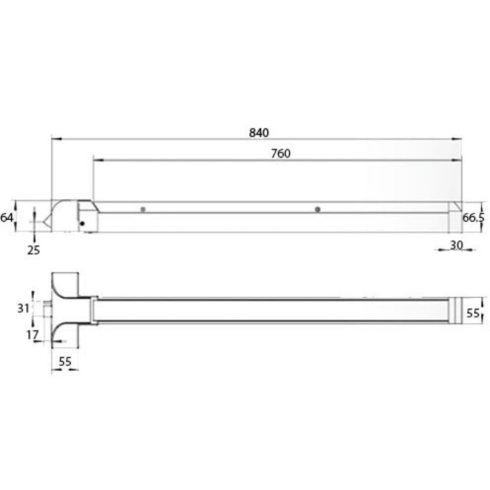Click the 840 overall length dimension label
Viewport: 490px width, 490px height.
[259, 133]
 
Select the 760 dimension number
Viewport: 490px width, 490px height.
[281, 154]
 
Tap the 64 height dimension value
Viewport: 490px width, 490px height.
[6, 217]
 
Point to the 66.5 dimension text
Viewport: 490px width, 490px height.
[473, 217]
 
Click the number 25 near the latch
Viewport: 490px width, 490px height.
[33, 250]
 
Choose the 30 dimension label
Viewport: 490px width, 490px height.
[456, 245]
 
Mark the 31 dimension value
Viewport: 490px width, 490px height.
[24, 308]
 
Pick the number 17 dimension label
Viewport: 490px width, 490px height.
[32, 335]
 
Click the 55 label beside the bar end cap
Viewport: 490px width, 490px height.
[473, 313]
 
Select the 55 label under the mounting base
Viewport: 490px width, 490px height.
[65, 361]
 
